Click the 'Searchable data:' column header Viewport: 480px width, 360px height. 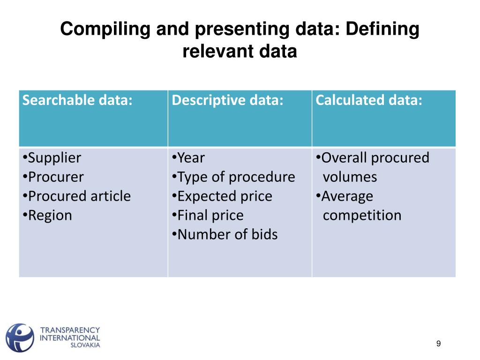pyautogui.click(x=77, y=100)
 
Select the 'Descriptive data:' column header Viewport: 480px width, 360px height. pyautogui.click(x=228, y=100)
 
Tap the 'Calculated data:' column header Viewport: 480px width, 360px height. pyautogui.click(x=369, y=100)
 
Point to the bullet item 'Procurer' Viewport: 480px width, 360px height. pyautogui.click(x=55, y=177)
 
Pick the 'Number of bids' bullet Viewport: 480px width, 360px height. pyautogui.click(x=227, y=234)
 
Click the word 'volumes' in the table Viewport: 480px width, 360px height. pyautogui.click(x=350, y=177)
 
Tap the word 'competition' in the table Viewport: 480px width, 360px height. pyautogui.click(x=362, y=216)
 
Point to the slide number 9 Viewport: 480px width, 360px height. pyautogui.click(x=438, y=344)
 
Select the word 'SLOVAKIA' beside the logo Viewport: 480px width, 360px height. pyautogui.click(x=85, y=345)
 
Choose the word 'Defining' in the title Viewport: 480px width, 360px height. pyautogui.click(x=382, y=30)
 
